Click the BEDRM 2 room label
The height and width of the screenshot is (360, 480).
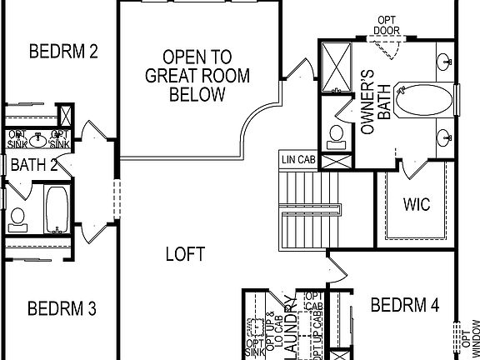coord(63,52)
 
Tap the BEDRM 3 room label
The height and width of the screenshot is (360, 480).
coord(62,309)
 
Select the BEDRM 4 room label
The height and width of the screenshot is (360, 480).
coord(404,305)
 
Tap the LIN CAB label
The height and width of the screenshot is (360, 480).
coord(297,157)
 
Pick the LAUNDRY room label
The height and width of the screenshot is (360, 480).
coord(290,326)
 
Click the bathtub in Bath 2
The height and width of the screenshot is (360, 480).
coord(57,209)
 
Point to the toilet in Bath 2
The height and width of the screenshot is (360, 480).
coord(17,217)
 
